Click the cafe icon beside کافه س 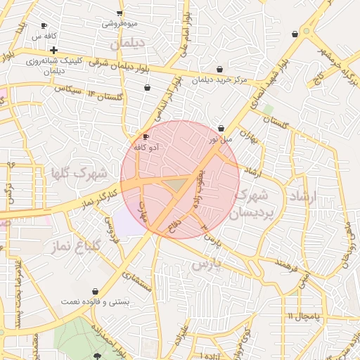[x=46, y=23]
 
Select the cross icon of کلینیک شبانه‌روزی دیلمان [x=53, y=50]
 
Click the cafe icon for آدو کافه [x=146, y=136]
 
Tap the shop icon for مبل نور [x=221, y=129]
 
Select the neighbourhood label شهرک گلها [x=78, y=172]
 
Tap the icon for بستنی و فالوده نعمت [x=95, y=291]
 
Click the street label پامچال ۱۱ [x=303, y=316]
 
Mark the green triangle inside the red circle [x=176, y=184]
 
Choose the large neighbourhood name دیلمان [x=127, y=44]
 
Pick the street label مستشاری [x=137, y=281]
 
